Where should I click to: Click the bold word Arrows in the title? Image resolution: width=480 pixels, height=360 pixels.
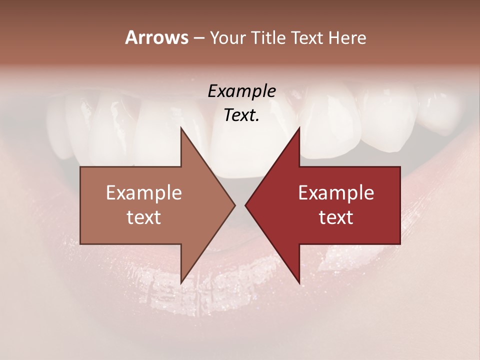(x=156, y=37)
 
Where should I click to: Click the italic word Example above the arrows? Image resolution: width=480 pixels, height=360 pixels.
(x=241, y=91)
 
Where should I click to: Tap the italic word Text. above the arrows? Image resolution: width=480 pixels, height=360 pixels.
(x=241, y=115)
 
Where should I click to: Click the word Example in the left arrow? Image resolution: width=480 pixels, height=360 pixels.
(x=144, y=193)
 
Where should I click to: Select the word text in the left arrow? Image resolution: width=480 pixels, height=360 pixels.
(x=144, y=217)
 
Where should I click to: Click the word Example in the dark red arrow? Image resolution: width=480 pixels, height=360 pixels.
(x=336, y=193)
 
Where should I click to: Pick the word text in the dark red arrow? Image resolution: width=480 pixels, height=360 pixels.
(x=336, y=217)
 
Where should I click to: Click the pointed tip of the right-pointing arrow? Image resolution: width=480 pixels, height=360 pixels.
(x=234, y=205)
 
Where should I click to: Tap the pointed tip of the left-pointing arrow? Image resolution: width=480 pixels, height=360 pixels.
(x=245, y=205)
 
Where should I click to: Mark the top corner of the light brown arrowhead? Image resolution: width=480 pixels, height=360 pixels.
(x=181, y=128)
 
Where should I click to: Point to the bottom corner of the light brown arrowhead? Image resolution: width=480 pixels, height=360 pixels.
(x=181, y=283)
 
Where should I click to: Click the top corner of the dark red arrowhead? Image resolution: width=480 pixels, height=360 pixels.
(x=299, y=128)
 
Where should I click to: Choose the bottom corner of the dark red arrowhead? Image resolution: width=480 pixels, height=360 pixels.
(x=299, y=283)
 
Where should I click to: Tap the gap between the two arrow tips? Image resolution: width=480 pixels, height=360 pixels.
(x=240, y=205)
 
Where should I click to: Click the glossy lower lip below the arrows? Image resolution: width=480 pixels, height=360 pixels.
(x=240, y=300)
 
